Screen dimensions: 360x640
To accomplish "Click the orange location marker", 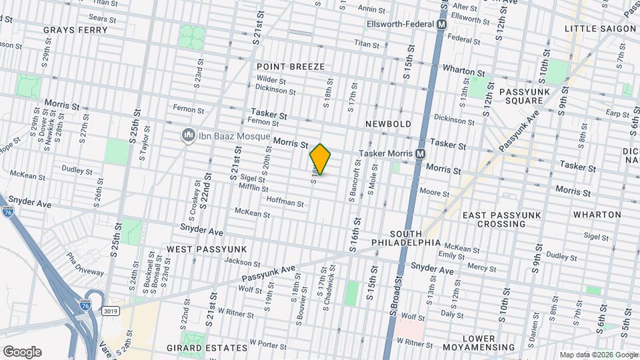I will (321, 159).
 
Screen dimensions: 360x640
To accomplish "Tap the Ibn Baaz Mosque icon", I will (188, 135).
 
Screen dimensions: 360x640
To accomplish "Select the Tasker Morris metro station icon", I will (421, 153).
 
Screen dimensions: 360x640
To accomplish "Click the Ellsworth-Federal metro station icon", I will (441, 24).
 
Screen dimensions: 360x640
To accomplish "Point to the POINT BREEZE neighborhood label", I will (291, 67).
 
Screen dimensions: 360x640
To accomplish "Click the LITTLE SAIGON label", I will (600, 29).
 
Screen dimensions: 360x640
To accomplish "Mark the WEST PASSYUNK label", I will (207, 249).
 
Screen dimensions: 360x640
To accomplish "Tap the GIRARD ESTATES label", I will (207, 348).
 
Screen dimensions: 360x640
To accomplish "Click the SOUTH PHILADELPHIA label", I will (415, 238).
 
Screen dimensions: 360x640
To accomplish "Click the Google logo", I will (22, 352).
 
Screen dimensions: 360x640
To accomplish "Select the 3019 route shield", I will (111, 311).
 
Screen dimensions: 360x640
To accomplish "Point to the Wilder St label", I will (271, 79).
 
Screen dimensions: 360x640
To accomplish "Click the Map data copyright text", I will (597, 355).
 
